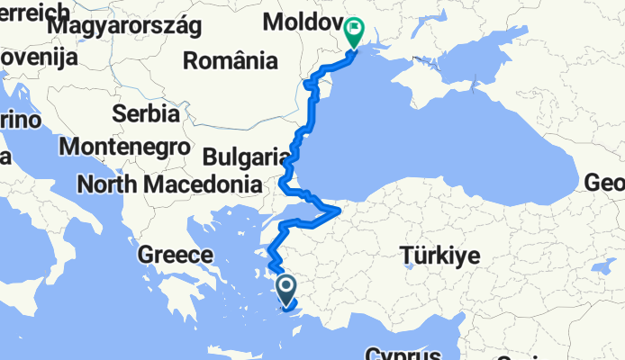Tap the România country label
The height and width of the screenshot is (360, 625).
[230, 61]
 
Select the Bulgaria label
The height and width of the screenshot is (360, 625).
[245, 157]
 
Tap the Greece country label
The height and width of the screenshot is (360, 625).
[175, 255]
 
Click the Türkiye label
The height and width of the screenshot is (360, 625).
[441, 256]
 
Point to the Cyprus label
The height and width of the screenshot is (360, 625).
[403, 353]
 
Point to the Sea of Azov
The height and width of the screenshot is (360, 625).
[477, 54]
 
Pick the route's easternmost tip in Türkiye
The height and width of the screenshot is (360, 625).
[339, 211]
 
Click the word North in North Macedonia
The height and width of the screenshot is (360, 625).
[105, 184]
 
